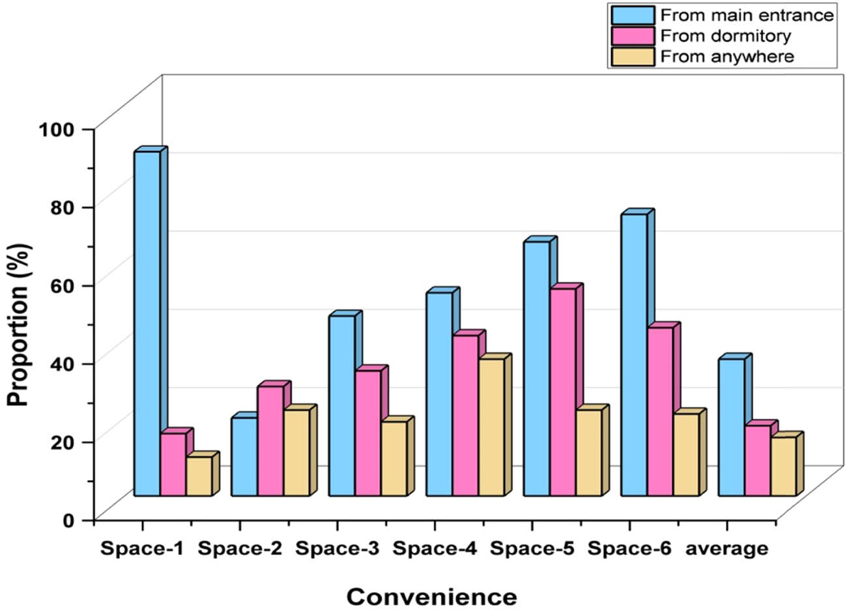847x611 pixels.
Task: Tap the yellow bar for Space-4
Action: click(491, 427)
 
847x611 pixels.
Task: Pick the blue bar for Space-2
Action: click(244, 457)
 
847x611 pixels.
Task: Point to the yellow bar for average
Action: click(783, 466)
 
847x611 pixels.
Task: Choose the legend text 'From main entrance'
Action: click(747, 14)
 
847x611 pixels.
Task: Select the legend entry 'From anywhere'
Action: click(727, 57)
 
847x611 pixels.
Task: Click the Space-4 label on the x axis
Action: click(435, 549)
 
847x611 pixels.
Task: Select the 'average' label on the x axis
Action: click(726, 549)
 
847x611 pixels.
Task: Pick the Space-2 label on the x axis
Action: click(240, 549)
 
